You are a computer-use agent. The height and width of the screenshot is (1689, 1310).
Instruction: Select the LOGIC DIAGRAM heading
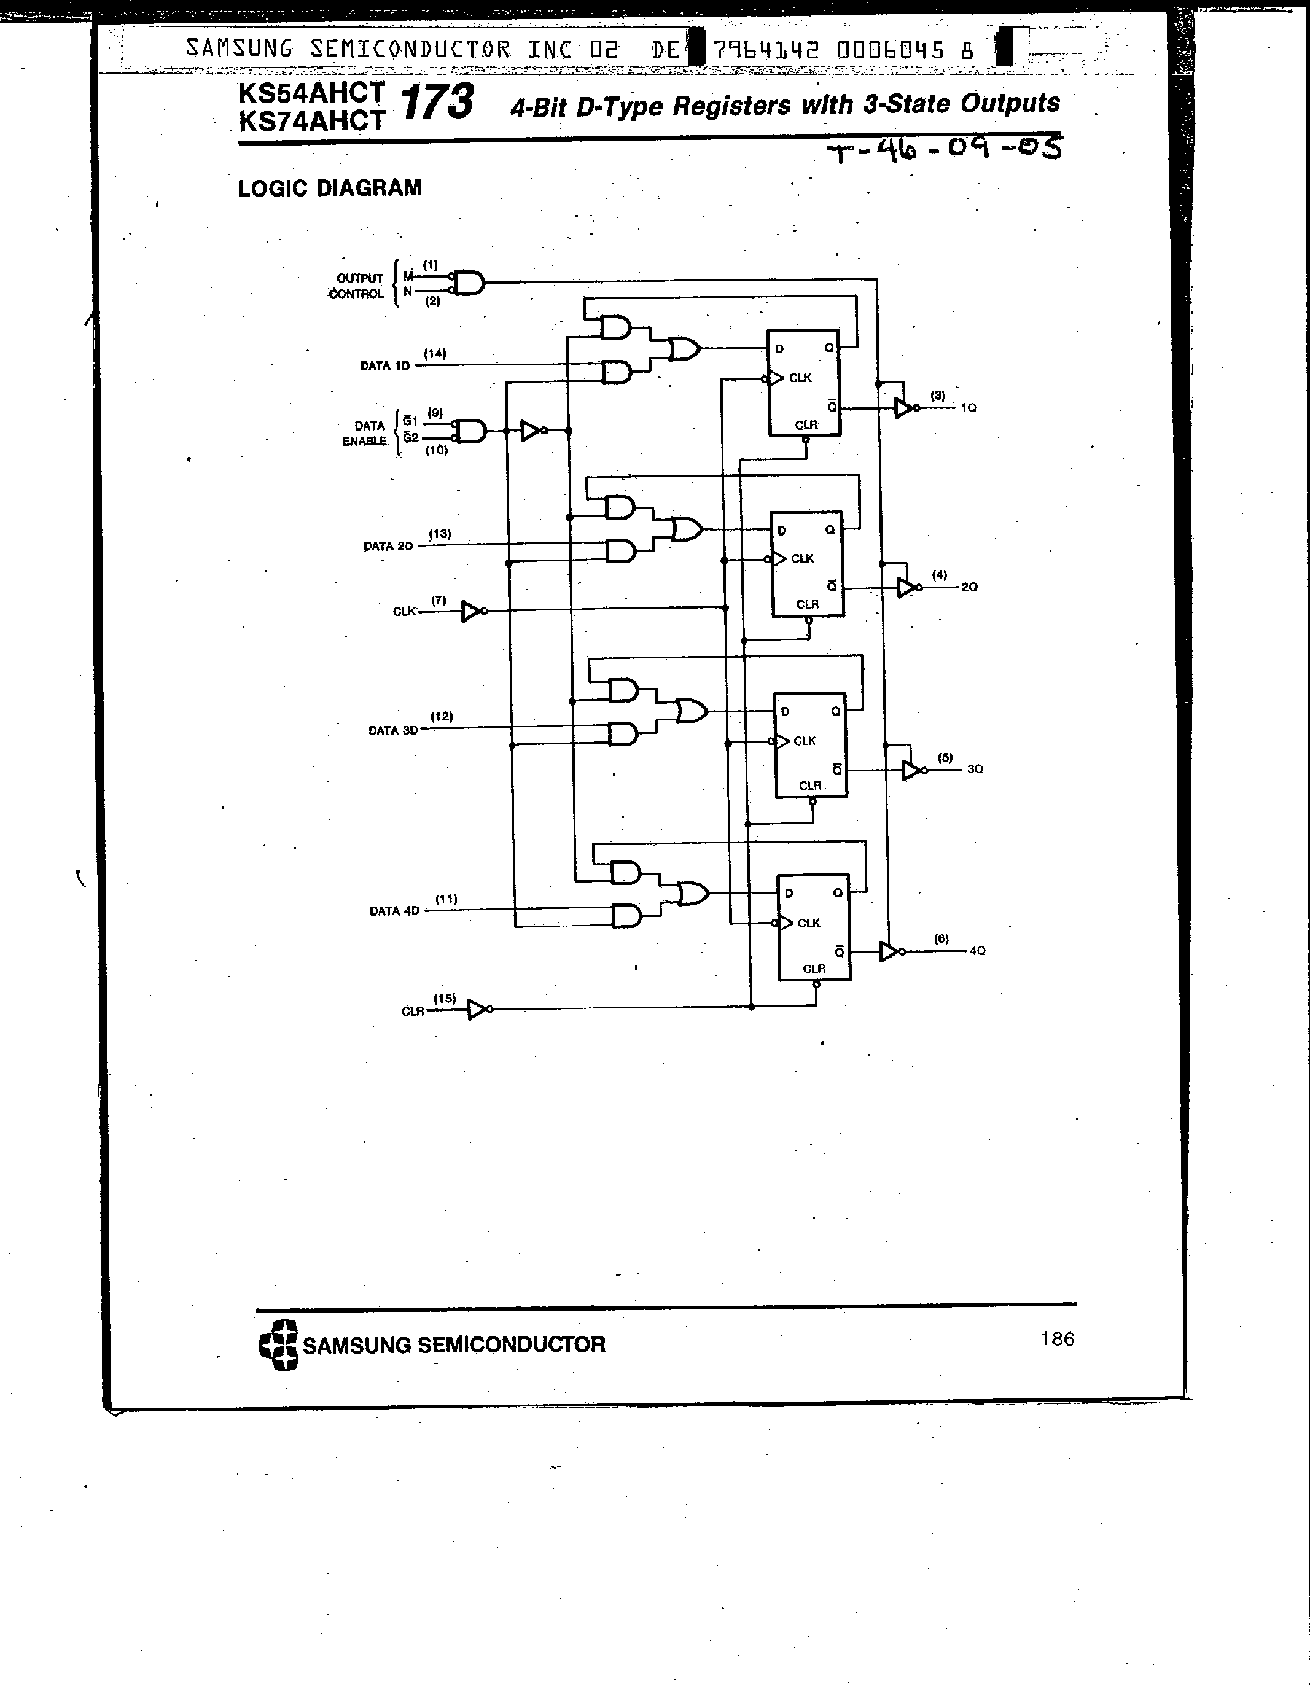(329, 188)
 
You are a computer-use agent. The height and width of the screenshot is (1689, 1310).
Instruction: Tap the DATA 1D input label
(384, 366)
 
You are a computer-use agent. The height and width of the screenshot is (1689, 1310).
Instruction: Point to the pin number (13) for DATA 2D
(440, 534)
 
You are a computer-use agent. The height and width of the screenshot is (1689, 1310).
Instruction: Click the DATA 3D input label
(393, 730)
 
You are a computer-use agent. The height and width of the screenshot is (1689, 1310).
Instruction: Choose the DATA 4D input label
(394, 911)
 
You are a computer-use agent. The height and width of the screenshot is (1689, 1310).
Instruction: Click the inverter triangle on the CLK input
(471, 612)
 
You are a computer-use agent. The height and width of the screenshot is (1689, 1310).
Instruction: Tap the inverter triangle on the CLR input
(477, 1010)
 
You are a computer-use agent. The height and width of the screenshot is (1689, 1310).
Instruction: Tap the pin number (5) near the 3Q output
(945, 758)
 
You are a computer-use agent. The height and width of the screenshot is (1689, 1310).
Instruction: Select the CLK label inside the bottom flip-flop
(808, 923)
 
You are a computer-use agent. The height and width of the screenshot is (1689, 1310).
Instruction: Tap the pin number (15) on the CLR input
(445, 999)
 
